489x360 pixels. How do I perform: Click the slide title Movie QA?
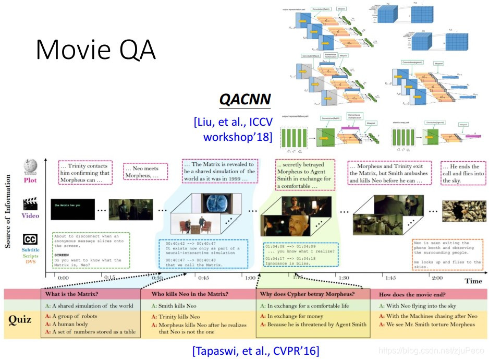(x=96, y=50)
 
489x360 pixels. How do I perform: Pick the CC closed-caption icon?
(x=30, y=239)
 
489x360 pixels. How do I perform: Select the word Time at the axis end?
(x=473, y=281)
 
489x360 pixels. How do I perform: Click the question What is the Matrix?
(x=71, y=294)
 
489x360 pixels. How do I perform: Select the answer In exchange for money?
(x=295, y=316)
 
